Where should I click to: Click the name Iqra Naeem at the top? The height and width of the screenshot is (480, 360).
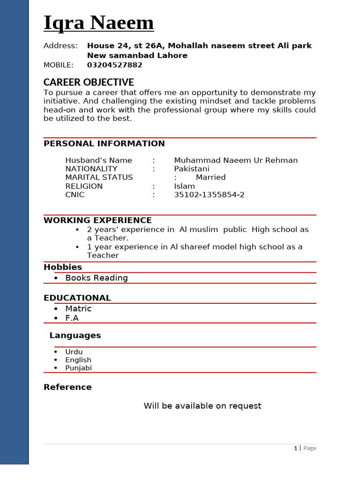(98, 23)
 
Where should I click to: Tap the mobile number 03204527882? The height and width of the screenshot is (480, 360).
(114, 65)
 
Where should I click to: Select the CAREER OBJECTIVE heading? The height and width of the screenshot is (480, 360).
(89, 82)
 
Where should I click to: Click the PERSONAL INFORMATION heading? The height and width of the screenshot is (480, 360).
(104, 143)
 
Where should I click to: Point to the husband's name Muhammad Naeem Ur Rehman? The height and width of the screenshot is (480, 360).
(236, 160)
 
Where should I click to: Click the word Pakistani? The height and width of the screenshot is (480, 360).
(192, 169)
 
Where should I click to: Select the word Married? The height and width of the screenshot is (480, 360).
(210, 177)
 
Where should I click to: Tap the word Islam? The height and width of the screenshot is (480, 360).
(184, 186)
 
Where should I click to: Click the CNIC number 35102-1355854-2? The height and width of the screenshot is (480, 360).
(209, 195)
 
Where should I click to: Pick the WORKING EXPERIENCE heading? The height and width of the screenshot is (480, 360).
(97, 220)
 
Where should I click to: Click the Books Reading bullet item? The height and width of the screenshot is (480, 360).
(97, 278)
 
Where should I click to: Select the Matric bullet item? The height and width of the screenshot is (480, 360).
(78, 308)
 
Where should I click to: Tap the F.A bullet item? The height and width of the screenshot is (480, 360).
(72, 318)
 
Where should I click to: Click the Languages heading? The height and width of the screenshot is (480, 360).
(75, 336)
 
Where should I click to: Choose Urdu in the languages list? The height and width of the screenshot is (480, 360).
(74, 352)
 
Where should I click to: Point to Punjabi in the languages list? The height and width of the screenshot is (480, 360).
(78, 368)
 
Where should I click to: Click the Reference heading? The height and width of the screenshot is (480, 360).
(67, 387)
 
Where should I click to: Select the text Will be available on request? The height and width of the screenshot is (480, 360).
(202, 406)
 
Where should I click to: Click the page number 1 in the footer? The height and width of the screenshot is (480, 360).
(295, 448)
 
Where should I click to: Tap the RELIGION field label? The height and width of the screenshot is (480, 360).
(84, 186)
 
